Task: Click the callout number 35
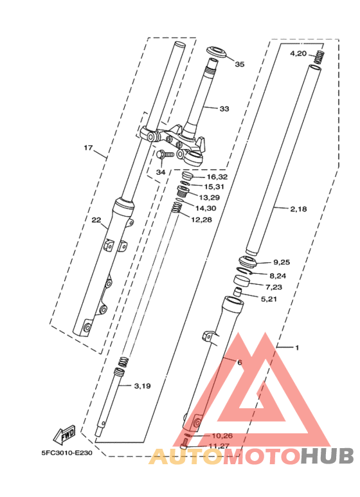239,64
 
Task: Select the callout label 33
224,109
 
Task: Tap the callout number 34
160,172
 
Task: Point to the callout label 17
88,148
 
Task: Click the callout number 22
96,221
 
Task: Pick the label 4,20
298,53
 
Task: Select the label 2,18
299,209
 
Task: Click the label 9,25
282,262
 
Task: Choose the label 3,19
142,386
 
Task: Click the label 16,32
217,177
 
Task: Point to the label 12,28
201,220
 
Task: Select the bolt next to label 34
165,154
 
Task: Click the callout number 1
297,348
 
